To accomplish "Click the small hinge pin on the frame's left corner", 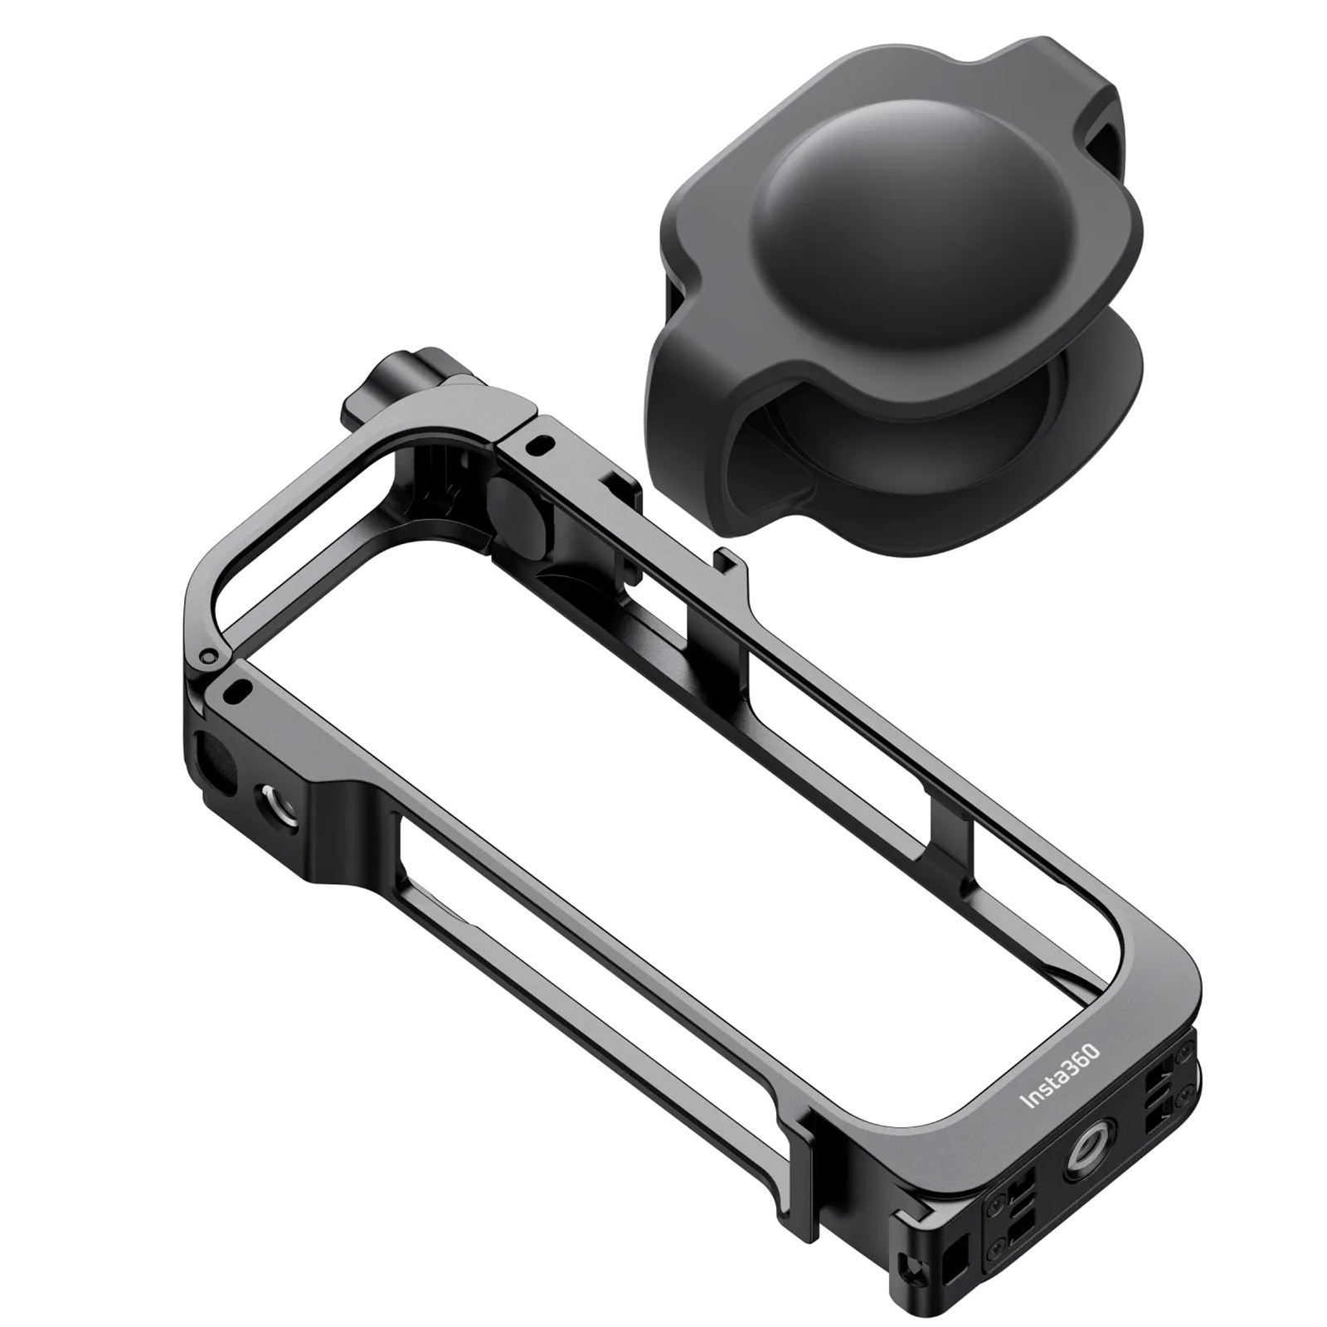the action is tap(208, 657).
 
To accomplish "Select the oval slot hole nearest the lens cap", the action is tap(543, 445).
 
